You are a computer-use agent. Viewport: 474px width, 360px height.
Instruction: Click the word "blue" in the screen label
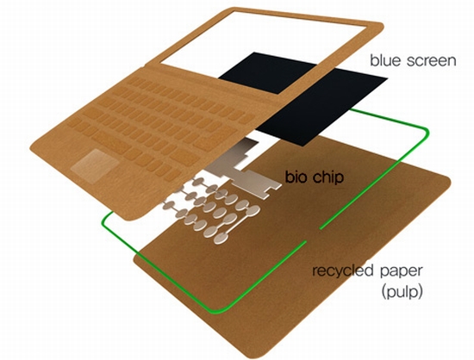[386, 60]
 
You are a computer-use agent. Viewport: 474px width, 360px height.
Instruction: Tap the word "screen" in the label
[432, 61]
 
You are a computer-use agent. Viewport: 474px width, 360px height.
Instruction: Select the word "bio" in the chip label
[296, 177]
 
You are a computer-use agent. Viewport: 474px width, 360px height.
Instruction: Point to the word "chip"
[328, 177]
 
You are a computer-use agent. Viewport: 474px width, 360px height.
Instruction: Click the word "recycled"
[342, 271]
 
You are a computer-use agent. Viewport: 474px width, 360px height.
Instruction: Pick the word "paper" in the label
[401, 271]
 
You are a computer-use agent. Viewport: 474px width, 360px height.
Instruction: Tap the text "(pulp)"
[402, 292]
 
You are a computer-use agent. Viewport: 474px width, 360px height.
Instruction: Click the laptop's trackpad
[94, 164]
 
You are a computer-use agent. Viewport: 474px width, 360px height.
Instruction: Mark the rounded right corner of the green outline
[424, 132]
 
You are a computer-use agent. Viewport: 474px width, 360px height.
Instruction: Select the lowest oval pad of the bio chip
[221, 239]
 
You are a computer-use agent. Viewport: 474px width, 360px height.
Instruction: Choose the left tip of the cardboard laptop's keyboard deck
[31, 148]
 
